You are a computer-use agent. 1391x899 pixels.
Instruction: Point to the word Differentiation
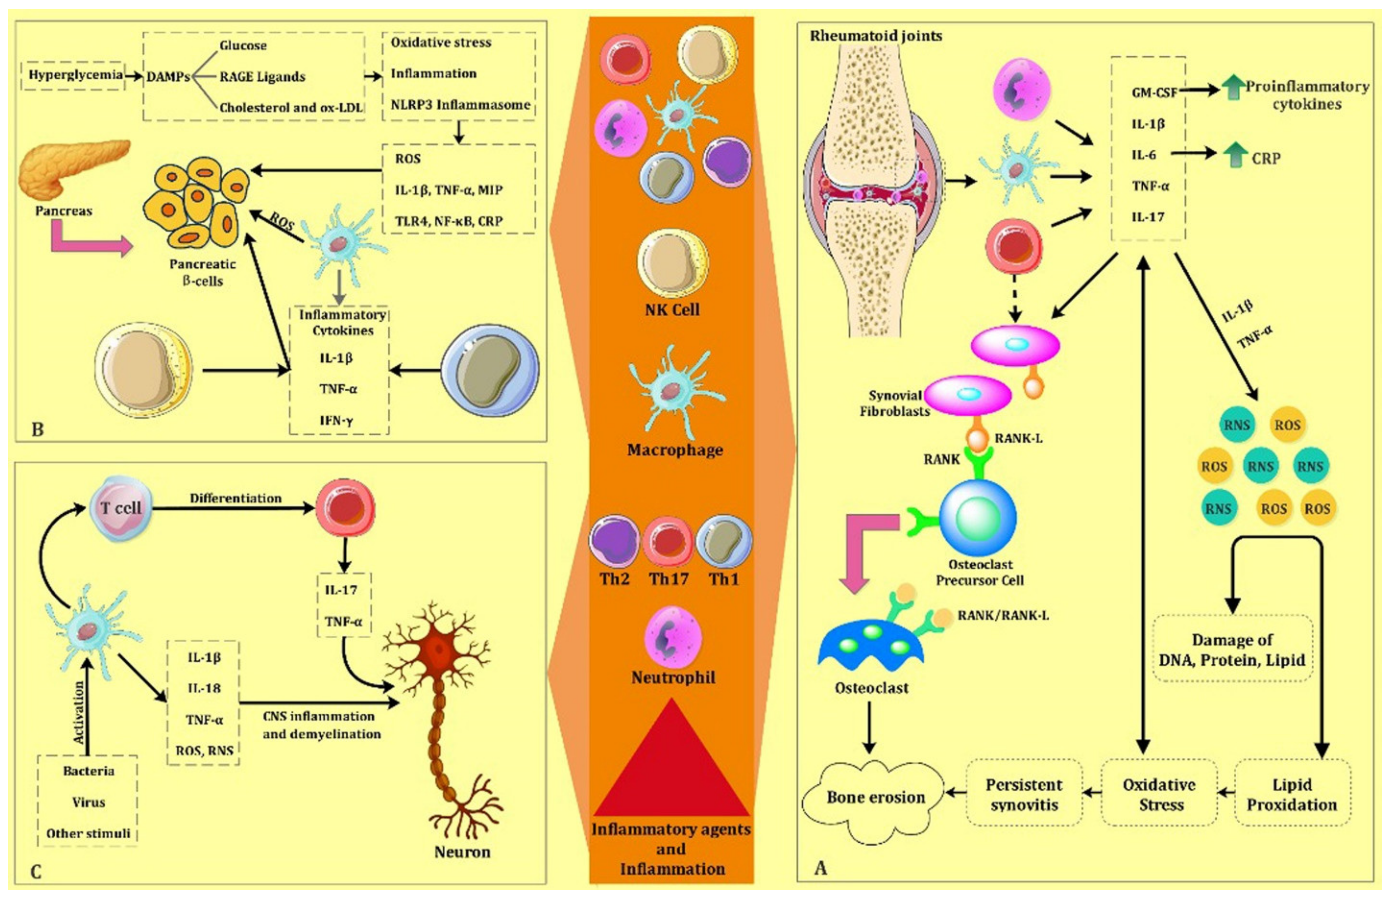pos(235,498)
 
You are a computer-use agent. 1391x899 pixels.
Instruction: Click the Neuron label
pos(462,852)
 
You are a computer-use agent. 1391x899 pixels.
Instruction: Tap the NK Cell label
pos(672,310)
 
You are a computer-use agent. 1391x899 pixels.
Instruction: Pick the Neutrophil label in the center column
pos(673,678)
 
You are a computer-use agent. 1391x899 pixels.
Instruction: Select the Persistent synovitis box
pos(1024,794)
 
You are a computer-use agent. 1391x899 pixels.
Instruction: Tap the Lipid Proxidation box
pos(1291,794)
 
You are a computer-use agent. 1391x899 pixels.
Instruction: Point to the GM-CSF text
pos(1154,92)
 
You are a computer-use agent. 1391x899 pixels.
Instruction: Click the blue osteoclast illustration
pos(870,645)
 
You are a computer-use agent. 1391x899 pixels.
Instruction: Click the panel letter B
pos(37,430)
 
